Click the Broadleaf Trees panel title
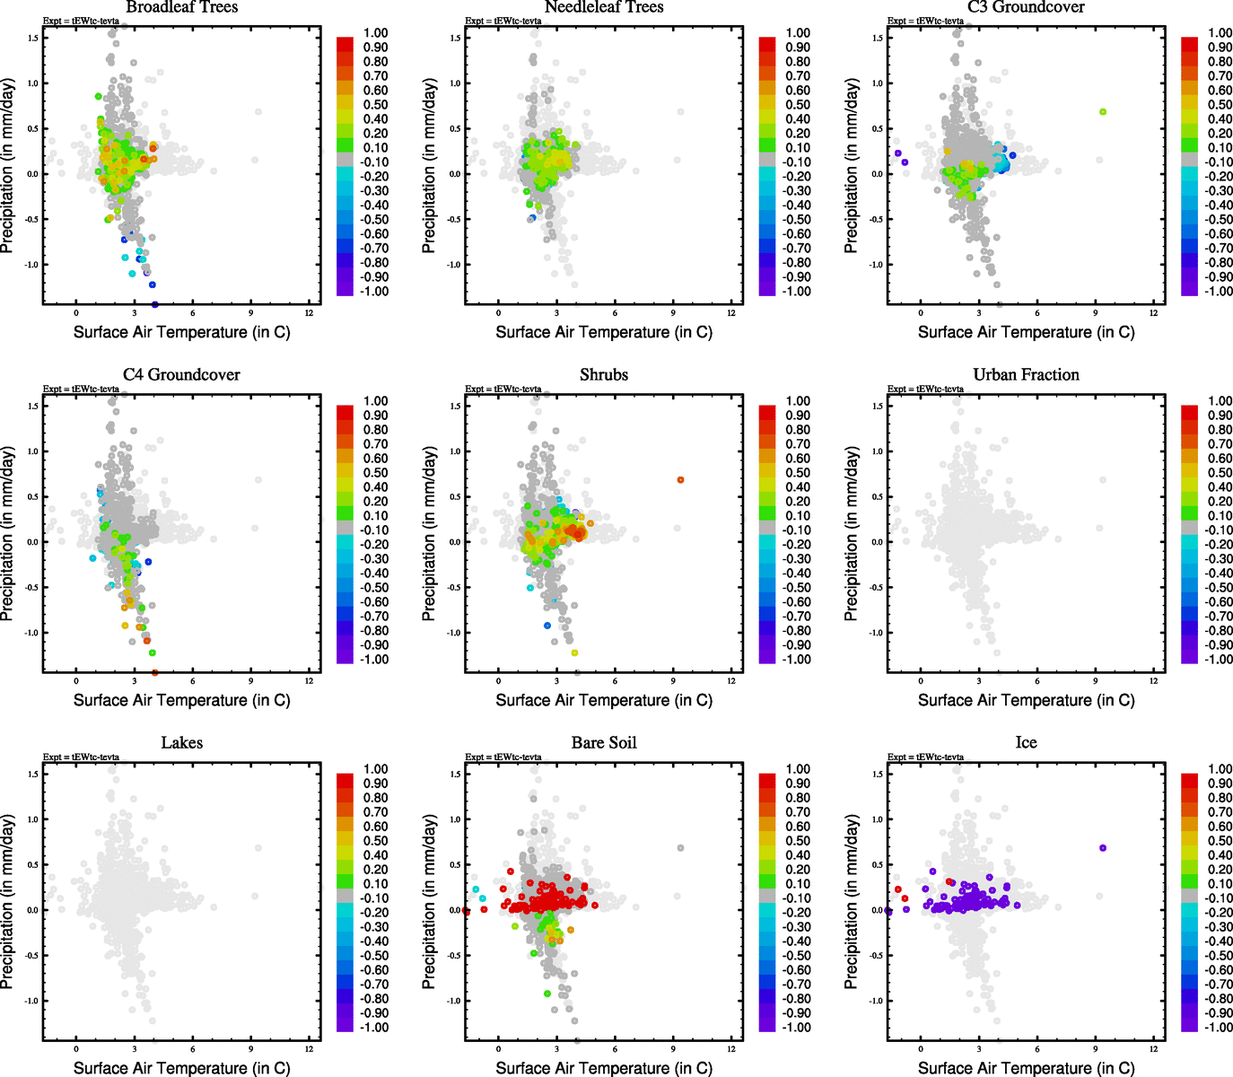tap(181, 7)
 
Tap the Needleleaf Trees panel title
tap(604, 7)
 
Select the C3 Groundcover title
tap(1026, 7)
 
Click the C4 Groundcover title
tap(181, 375)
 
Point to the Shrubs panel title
tap(604, 375)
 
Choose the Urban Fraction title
tap(1026, 375)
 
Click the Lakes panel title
tap(181, 743)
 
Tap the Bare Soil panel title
tap(604, 743)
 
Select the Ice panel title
tap(1026, 743)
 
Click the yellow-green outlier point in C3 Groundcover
tap(1103, 112)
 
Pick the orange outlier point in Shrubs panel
tap(680, 480)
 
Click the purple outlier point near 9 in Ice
tap(1103, 848)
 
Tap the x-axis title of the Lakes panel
tap(181, 1068)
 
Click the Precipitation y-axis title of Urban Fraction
tap(852, 535)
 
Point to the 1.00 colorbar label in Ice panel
tap(1220, 769)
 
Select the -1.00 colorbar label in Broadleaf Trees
tap(375, 292)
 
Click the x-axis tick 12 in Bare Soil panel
tap(731, 1049)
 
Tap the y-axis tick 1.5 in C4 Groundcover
tap(32, 407)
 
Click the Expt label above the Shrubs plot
tap(503, 390)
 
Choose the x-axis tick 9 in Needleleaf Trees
tap(673, 313)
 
